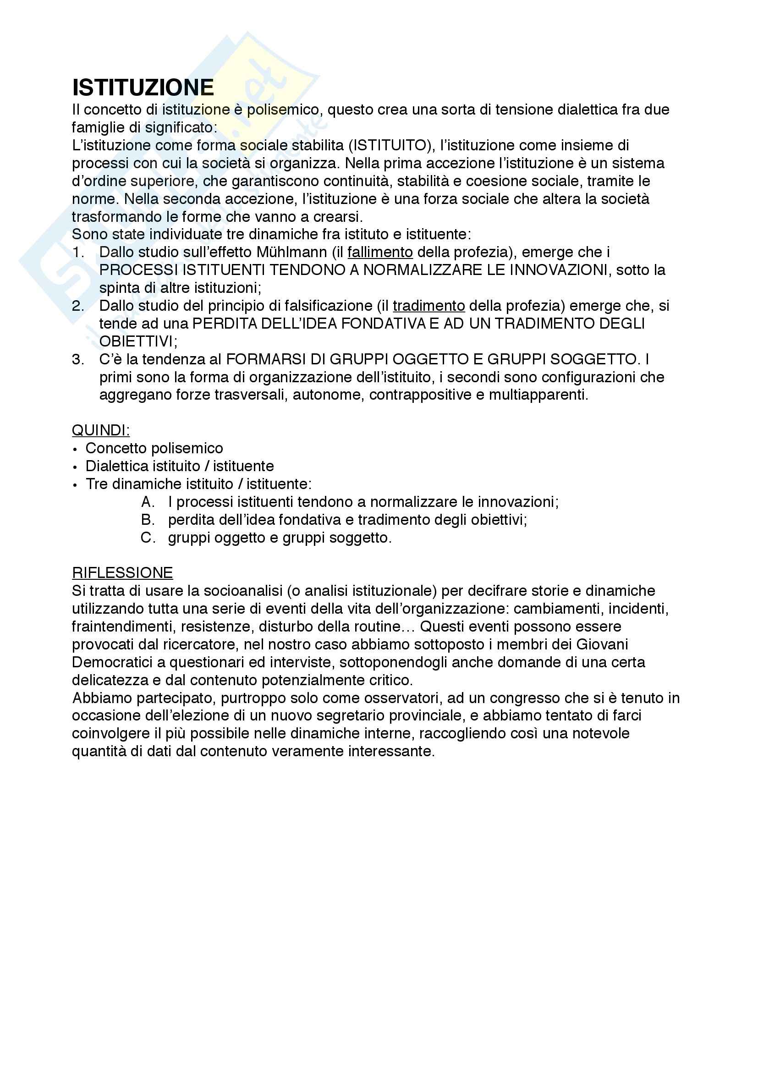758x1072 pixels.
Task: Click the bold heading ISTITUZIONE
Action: point(143,88)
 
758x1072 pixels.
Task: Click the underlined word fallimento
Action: point(380,252)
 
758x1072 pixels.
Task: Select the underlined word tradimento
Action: point(428,306)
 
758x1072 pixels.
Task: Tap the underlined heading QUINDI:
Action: point(101,430)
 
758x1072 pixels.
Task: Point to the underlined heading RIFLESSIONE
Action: point(122,573)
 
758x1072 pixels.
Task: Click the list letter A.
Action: point(148,502)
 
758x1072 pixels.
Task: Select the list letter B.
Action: point(148,520)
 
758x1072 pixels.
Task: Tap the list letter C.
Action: point(148,538)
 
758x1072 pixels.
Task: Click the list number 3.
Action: point(77,359)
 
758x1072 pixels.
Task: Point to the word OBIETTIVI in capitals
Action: point(136,341)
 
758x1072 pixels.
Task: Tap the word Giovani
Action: point(602,644)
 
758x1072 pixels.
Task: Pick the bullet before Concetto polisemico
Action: point(75,449)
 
